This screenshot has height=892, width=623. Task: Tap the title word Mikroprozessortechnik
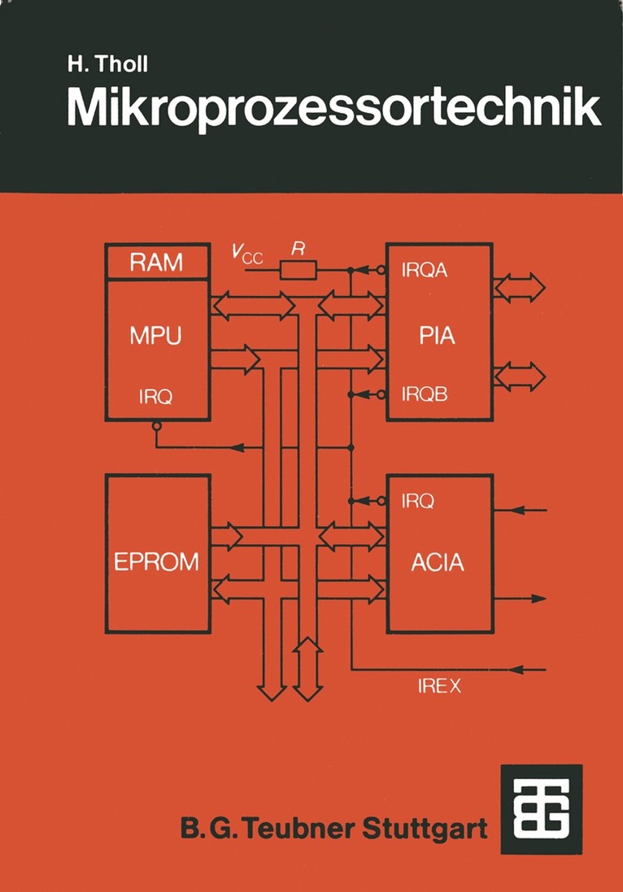(333, 110)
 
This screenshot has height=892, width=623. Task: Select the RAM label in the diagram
(158, 263)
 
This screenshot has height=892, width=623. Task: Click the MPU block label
(155, 336)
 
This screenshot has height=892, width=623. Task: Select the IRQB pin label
(425, 394)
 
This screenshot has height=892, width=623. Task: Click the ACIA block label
(438, 561)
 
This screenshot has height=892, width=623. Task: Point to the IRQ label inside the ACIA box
(417, 501)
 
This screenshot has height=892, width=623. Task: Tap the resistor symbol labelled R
(298, 269)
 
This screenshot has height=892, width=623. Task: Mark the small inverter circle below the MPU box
(157, 426)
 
